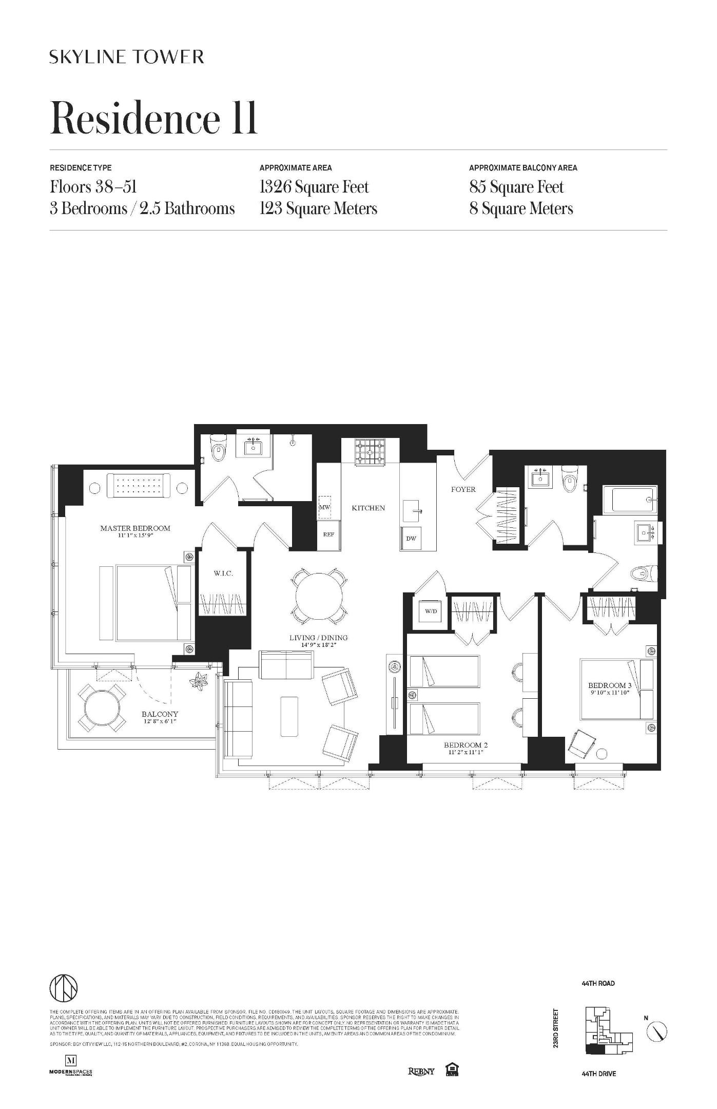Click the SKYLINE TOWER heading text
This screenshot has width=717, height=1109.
point(127,56)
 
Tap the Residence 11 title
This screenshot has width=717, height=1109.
point(153,118)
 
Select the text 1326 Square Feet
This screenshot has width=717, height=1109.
point(314,187)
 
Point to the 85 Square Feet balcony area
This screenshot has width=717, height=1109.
point(516,187)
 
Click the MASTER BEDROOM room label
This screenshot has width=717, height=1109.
point(135,528)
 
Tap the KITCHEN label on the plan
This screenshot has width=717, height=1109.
point(368,508)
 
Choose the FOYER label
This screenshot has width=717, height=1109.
point(463,489)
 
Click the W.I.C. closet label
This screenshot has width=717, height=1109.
point(223,573)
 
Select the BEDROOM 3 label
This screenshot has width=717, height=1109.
point(610,685)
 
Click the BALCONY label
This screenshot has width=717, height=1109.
point(160,714)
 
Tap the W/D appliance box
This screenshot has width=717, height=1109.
point(430,611)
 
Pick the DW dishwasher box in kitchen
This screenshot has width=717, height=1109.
point(411,539)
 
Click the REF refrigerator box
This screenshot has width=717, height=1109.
point(328,534)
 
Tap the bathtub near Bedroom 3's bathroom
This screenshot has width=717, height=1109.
point(629,499)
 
